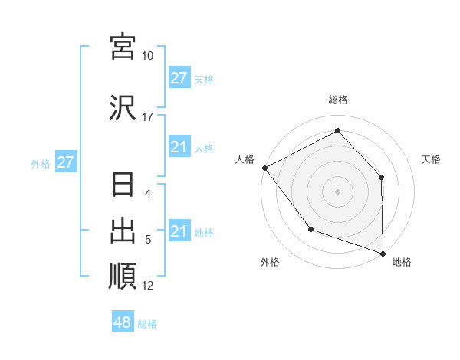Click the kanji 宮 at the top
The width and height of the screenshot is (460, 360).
[x=123, y=47]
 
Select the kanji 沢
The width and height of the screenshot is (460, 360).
[x=123, y=108]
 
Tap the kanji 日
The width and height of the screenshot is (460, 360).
[x=123, y=187]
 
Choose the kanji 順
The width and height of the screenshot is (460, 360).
[x=123, y=276]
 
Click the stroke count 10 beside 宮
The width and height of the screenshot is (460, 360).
[x=147, y=56]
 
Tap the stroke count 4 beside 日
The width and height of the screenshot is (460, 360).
[x=149, y=195]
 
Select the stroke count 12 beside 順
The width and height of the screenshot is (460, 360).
[x=148, y=286]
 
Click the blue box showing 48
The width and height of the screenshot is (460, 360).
[x=123, y=322]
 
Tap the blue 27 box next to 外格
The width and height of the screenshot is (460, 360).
[x=65, y=162]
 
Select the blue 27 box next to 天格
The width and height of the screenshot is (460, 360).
[x=179, y=78]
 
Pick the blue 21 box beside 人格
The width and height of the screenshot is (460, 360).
[x=179, y=147]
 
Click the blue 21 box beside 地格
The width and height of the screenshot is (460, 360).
[x=179, y=231]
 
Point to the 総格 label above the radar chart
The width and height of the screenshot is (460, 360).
[x=338, y=100]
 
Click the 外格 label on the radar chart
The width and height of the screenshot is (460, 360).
[x=270, y=262]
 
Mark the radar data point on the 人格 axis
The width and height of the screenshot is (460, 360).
[x=264, y=168]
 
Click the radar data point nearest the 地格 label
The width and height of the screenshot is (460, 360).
[x=382, y=252]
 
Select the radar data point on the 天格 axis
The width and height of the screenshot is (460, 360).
[x=381, y=177]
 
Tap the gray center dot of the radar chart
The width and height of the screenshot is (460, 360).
[x=338, y=191]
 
